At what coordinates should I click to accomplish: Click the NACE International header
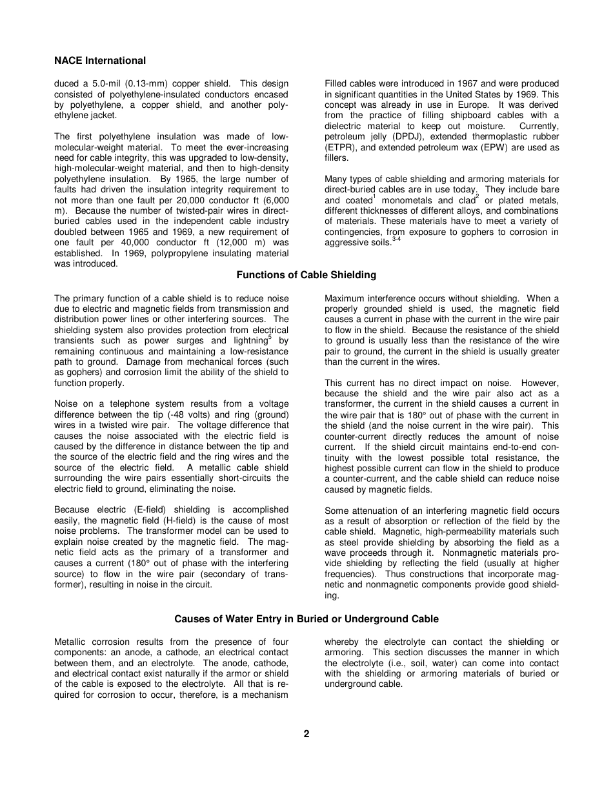pos(100,61)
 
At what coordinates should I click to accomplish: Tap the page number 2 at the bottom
pos(306,734)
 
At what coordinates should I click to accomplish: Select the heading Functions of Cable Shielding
pos(306,275)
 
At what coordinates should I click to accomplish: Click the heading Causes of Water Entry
pos(306,619)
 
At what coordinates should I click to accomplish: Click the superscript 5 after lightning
pos(270,337)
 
